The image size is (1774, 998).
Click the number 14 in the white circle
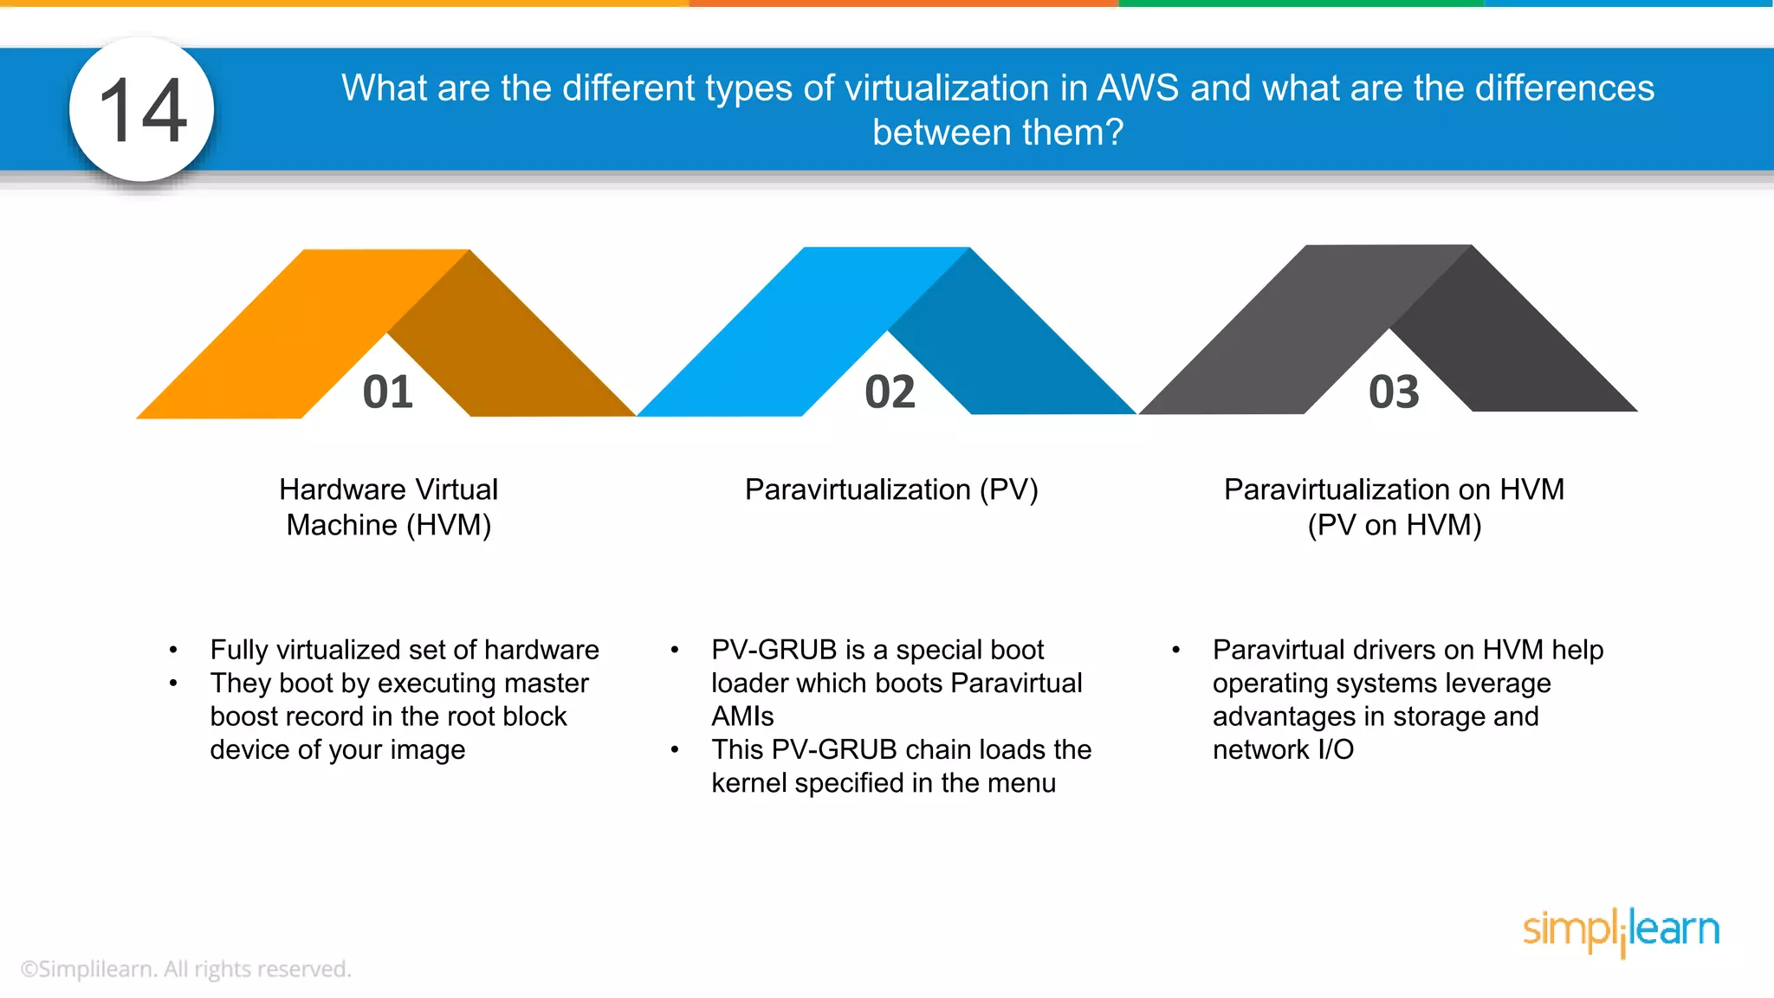pyautogui.click(x=143, y=110)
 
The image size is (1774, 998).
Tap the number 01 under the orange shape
pyautogui.click(x=387, y=392)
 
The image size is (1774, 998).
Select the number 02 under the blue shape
pyautogui.click(x=890, y=392)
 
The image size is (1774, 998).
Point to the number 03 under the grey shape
pyautogui.click(x=1394, y=392)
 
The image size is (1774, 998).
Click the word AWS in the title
pyautogui.click(x=1138, y=88)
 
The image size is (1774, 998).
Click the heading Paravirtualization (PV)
pyautogui.click(x=891, y=489)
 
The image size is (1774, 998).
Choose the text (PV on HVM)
pyautogui.click(x=1394, y=525)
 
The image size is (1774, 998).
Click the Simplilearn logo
pyautogui.click(x=1621, y=930)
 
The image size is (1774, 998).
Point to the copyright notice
pyautogui.click(x=186, y=969)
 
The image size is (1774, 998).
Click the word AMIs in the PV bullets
pyautogui.click(x=742, y=716)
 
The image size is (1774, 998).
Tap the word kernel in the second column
pyautogui.click(x=749, y=783)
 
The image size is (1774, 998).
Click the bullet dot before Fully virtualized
pyautogui.click(x=174, y=650)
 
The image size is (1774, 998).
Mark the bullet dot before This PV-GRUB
pyautogui.click(x=675, y=749)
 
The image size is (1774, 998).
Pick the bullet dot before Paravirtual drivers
pyautogui.click(x=1175, y=650)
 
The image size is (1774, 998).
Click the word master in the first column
pyautogui.click(x=546, y=684)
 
